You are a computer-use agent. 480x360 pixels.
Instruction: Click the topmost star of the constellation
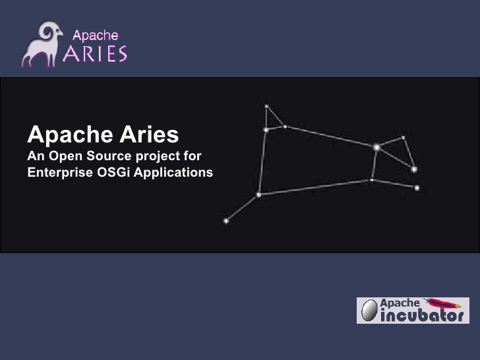[266, 105]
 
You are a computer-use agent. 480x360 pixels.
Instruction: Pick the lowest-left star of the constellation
[226, 220]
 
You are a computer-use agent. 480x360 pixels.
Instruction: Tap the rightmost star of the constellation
[417, 187]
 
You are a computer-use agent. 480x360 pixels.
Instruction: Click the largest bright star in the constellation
[376, 147]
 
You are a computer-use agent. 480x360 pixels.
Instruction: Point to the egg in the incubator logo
[369, 310]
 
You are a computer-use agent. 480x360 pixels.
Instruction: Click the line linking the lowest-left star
[242, 208]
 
